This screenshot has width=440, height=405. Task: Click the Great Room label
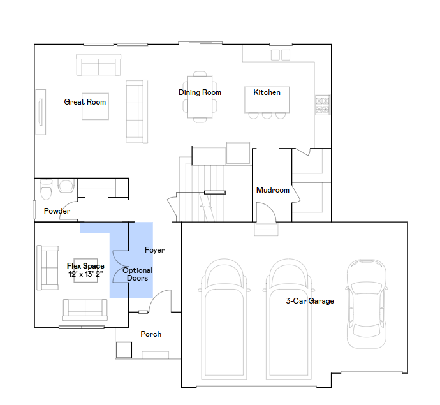[85, 102]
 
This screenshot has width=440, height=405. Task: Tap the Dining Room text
[200, 92]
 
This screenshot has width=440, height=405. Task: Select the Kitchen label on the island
[267, 92]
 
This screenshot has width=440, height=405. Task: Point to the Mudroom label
[273, 190]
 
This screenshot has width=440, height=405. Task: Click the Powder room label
[57, 211]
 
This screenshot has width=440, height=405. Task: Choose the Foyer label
[154, 250]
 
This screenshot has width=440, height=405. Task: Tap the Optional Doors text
[138, 274]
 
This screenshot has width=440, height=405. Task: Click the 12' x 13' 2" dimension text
[85, 274]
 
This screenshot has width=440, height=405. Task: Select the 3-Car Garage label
[310, 301]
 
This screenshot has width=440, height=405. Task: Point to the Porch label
[151, 334]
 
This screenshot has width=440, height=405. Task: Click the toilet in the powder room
[47, 189]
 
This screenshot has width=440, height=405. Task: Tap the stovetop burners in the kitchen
[323, 105]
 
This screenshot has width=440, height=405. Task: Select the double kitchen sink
[281, 54]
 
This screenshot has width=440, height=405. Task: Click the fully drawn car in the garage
[367, 304]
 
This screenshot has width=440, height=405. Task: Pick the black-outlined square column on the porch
[124, 350]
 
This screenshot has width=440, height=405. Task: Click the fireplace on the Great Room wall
[41, 112]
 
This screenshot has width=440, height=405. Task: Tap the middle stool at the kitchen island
[267, 115]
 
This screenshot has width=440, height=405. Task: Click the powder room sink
[66, 186]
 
